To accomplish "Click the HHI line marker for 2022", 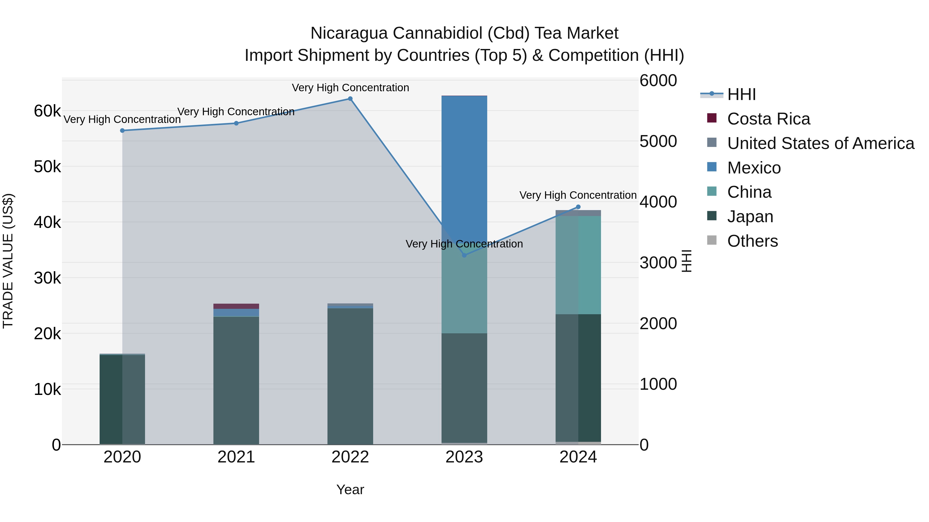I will tap(350, 99).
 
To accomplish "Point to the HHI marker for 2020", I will tap(122, 130).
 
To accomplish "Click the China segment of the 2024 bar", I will tap(578, 265).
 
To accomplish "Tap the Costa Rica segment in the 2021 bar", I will tap(236, 306).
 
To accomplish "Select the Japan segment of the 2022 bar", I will tap(350, 375).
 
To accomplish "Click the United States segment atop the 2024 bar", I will tap(578, 213).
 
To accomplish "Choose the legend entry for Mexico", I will tap(754, 168).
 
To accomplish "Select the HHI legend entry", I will tap(741, 94).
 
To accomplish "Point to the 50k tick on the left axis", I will tap(47, 167).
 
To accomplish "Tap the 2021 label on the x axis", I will tap(236, 457).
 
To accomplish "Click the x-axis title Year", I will tap(350, 490).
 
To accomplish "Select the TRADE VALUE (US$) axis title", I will tap(8, 261).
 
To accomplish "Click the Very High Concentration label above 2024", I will tap(578, 195).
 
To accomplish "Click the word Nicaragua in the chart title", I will tap(348, 33).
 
